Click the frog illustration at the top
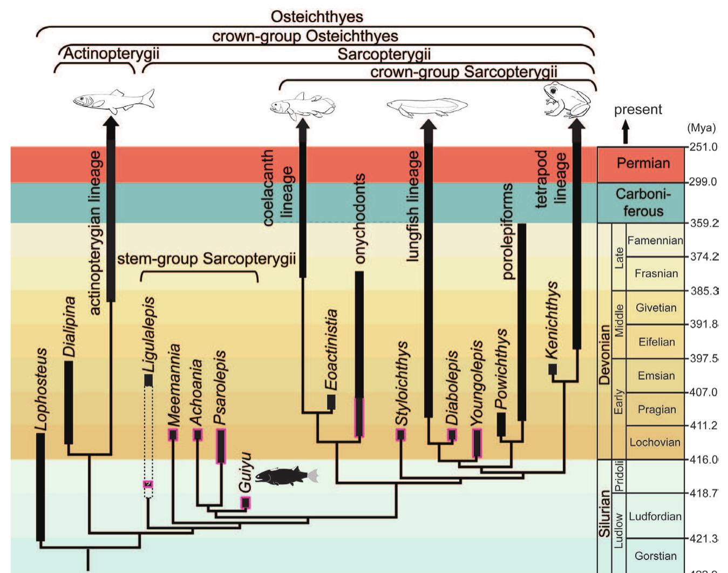tap(566, 100)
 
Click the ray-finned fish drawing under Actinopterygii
tap(114, 100)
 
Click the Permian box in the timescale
tap(643, 163)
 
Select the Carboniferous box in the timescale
tap(643, 203)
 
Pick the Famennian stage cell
tap(655, 240)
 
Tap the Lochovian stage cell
tap(655, 442)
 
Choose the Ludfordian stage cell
tap(655, 516)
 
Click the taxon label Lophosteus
tap(41, 389)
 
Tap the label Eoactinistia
tap(331, 349)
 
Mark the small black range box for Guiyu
tap(246, 503)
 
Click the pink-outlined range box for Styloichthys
tap(400, 435)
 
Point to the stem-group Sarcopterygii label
tap(206, 259)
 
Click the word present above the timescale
tap(637, 110)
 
